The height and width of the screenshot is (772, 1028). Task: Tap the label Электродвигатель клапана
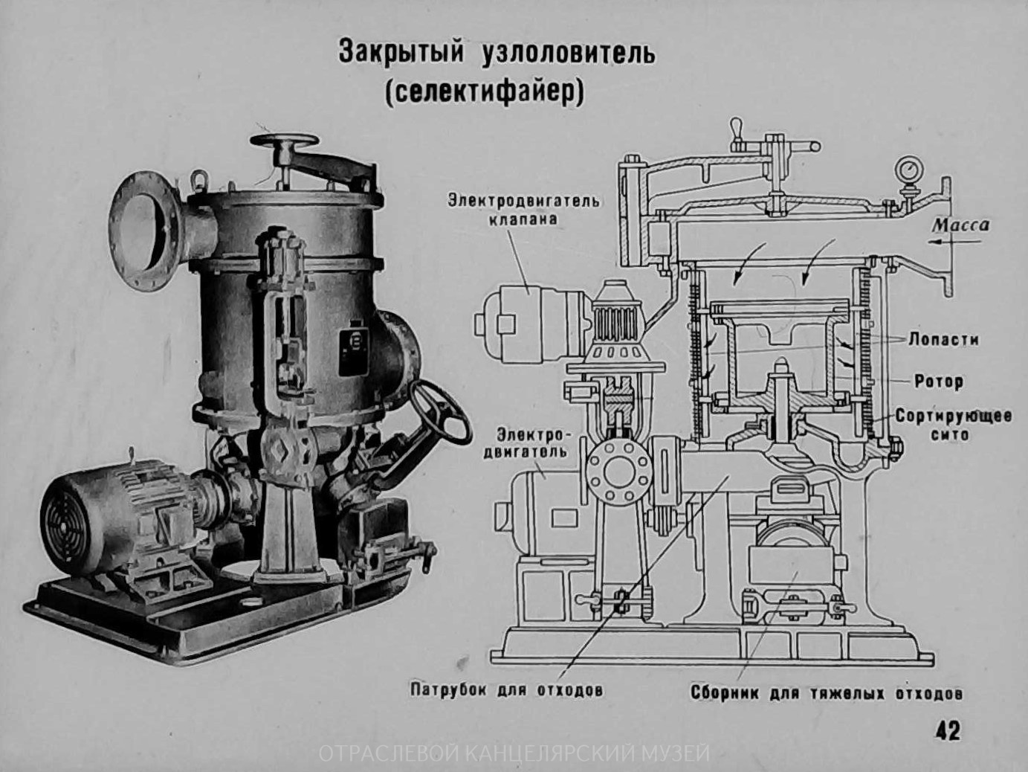click(523, 209)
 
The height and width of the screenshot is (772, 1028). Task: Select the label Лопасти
click(943, 340)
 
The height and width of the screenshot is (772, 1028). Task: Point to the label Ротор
click(939, 382)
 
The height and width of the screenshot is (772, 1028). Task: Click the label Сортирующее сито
click(953, 424)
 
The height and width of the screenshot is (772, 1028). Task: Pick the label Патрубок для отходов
click(506, 690)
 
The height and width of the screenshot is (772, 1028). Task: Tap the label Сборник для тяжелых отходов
click(827, 693)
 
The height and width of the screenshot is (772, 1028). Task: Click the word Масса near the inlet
click(961, 225)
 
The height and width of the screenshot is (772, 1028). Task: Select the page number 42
click(948, 730)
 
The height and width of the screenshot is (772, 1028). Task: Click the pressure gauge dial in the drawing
click(907, 167)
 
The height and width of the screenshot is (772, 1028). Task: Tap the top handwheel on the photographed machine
click(284, 141)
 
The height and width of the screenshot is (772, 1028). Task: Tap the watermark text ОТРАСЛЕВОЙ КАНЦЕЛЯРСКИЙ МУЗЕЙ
click(514, 754)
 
